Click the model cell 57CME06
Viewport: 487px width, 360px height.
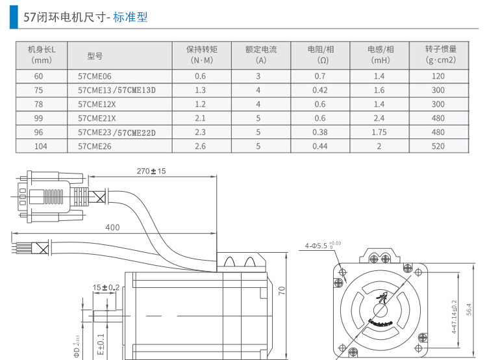coord(94,76)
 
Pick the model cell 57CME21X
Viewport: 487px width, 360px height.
coord(97,118)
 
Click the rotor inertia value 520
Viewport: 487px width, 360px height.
coord(438,146)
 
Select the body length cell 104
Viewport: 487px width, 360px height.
coord(41,146)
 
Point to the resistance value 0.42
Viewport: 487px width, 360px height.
coord(319,90)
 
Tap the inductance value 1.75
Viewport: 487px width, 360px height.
coord(379,132)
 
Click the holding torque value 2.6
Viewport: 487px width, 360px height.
coord(200,146)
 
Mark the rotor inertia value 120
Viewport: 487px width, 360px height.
coord(438,76)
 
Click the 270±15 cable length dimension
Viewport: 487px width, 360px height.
coord(151,172)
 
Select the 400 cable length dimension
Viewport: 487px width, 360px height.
coord(112,227)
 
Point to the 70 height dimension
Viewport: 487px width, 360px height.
coord(282,290)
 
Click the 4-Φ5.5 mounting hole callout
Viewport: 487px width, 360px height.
coord(321,246)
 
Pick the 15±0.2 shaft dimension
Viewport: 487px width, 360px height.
coord(106,287)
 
